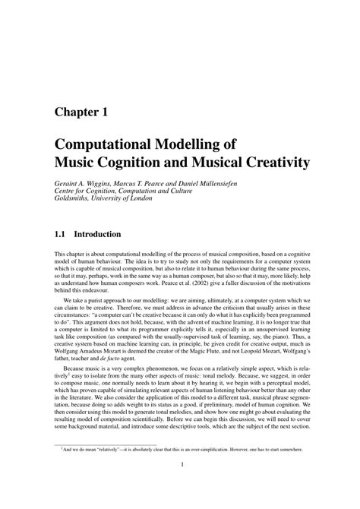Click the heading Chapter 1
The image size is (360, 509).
click(x=86, y=112)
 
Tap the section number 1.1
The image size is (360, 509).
click(x=62, y=236)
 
